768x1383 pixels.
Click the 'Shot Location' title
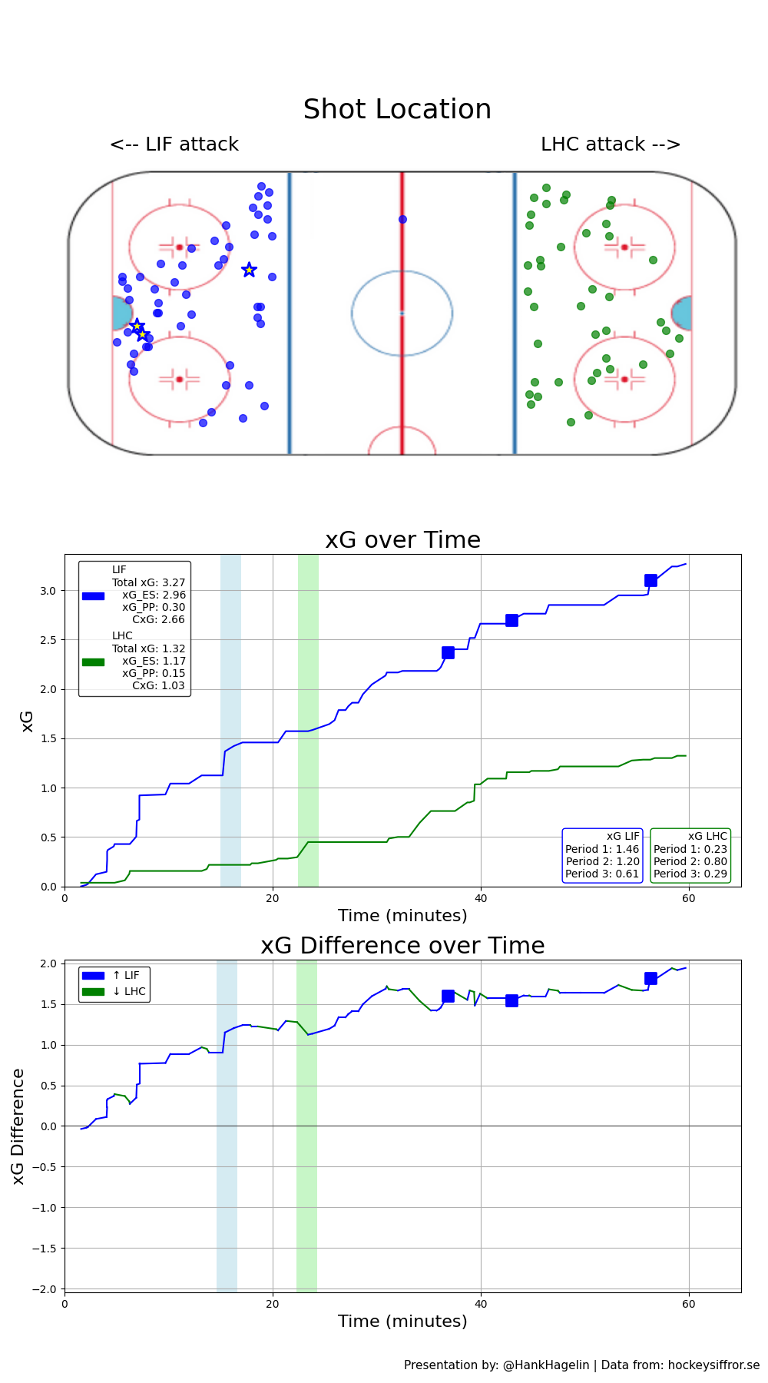click(397, 110)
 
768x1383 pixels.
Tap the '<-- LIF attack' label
click(174, 144)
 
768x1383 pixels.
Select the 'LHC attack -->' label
click(611, 144)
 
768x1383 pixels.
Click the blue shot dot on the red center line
click(402, 220)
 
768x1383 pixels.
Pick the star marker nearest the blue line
click(249, 270)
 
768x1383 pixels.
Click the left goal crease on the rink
click(121, 313)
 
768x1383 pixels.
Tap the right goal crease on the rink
click(682, 313)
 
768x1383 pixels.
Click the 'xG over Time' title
click(402, 540)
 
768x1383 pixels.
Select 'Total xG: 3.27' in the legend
click(148, 582)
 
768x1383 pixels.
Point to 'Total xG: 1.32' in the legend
click(148, 648)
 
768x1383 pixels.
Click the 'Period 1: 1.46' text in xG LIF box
click(602, 849)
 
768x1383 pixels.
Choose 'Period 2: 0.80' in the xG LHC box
click(690, 861)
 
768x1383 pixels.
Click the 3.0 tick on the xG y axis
click(48, 591)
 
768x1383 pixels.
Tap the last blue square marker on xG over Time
click(650, 581)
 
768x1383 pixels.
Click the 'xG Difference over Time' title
click(402, 946)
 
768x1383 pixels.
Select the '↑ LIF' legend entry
click(126, 976)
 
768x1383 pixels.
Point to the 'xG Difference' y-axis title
click(18, 1126)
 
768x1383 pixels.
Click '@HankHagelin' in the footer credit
click(546, 1365)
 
